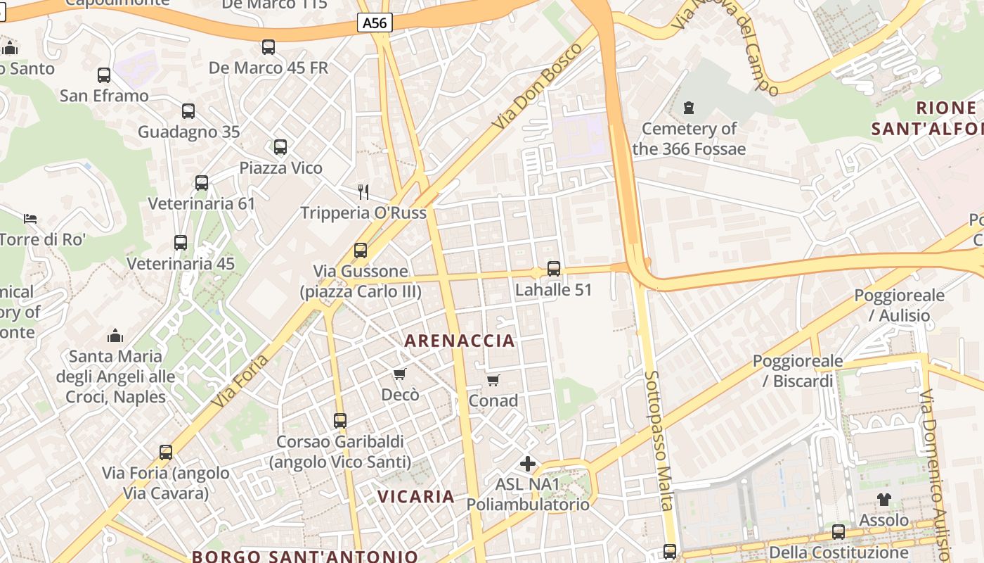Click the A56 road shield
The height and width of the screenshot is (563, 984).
pos(375,23)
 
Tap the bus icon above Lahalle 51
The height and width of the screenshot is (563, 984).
pos(554,269)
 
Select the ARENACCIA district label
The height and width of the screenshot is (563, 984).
pos(460,341)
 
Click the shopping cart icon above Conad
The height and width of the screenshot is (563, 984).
pos(493,381)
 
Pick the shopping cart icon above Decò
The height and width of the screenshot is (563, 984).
pos(400,374)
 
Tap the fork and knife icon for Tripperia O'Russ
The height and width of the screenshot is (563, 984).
pos(363,191)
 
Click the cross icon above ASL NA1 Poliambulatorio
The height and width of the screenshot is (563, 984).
pos(528,464)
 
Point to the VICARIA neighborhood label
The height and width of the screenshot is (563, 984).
pos(416,496)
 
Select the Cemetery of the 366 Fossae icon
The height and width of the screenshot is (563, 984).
pos(689,108)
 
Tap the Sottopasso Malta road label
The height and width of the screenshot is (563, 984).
pos(659,440)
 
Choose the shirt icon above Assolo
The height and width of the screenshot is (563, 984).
pos(884,500)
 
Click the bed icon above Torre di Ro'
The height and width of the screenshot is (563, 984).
pos(30,218)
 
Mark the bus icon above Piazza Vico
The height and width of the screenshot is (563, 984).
pos(280,147)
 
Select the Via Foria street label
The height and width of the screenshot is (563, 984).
pos(240,381)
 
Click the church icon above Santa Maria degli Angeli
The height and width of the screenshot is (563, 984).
pos(115,335)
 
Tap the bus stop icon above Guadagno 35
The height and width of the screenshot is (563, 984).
pos(188,110)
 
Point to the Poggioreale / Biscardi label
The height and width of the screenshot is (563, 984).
pos(798,371)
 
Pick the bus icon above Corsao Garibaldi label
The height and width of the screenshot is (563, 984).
pos(340,421)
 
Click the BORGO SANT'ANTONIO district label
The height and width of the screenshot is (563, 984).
pos(305,556)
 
